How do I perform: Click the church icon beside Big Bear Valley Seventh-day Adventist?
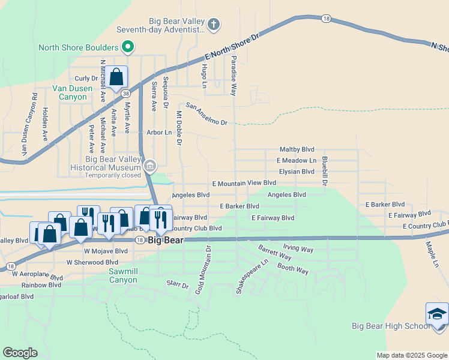point(214,25)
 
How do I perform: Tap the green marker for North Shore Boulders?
point(127,47)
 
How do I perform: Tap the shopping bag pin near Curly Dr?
point(116,77)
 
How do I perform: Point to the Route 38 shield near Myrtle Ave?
point(125,94)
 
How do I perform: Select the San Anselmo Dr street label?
point(206,115)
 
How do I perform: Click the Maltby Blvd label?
point(297,149)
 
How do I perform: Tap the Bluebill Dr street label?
point(324,170)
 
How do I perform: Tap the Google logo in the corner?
point(20,353)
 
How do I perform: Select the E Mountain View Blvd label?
point(244,182)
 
